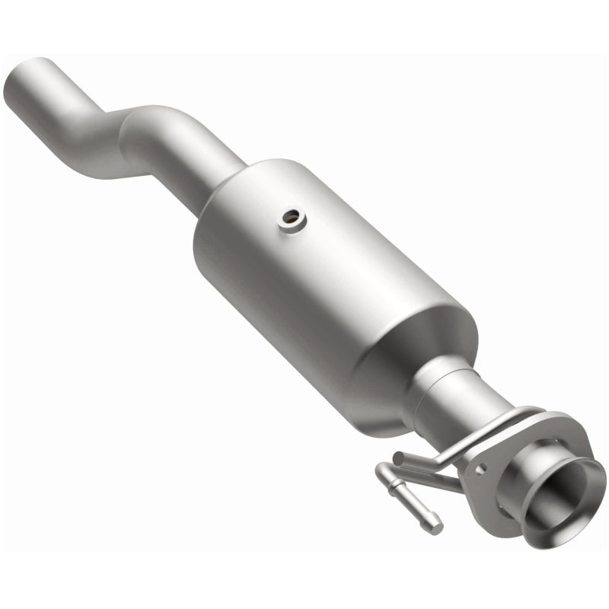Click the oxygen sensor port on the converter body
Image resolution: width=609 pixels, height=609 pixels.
pos(292,220)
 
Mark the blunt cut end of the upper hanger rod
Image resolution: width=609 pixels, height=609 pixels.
pos(398,458)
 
